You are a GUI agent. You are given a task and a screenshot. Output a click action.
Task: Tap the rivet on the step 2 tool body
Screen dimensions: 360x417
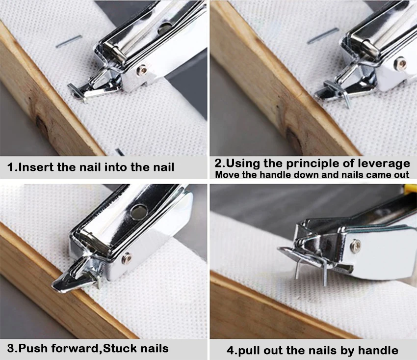coord(401,62)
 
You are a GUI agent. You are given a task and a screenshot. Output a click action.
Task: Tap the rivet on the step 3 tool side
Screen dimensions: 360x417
coord(126,256)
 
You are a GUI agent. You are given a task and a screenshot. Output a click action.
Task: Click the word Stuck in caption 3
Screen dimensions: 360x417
coord(123,349)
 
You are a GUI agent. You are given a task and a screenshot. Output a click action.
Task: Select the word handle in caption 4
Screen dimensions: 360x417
coord(378,350)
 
